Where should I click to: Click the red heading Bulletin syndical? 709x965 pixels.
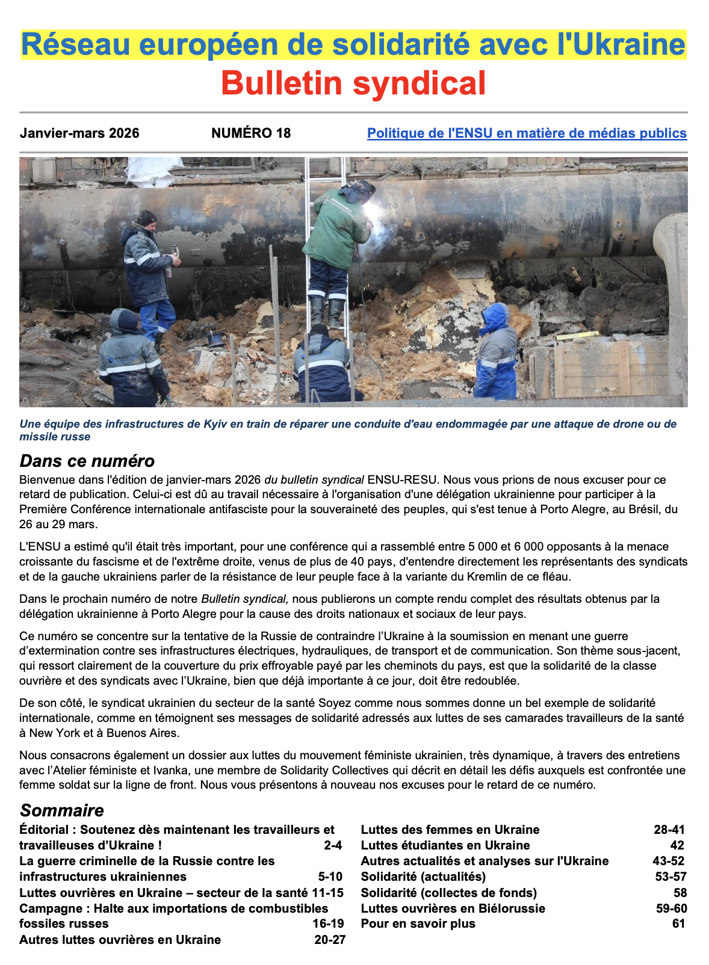pos(353,83)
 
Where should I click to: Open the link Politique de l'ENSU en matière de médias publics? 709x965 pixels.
pos(527,133)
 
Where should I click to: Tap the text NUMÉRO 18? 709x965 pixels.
pos(250,133)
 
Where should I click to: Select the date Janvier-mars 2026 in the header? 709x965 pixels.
pos(79,133)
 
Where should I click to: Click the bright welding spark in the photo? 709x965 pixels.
pos(373,212)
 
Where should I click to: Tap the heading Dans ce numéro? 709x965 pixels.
pos(87,461)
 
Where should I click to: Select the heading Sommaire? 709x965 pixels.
pos(62,810)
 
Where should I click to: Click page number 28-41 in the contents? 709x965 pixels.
pos(669,830)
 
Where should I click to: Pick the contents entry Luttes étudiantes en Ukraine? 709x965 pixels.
pos(445,845)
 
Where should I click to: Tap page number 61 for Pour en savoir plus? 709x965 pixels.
pos(679,923)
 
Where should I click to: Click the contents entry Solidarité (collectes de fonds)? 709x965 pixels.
pos(448,892)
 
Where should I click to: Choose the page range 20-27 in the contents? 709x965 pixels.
pos(330,940)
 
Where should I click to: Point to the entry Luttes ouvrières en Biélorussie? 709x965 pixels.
pos(453,908)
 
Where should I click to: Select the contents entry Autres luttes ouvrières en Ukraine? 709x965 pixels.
pos(120,940)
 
